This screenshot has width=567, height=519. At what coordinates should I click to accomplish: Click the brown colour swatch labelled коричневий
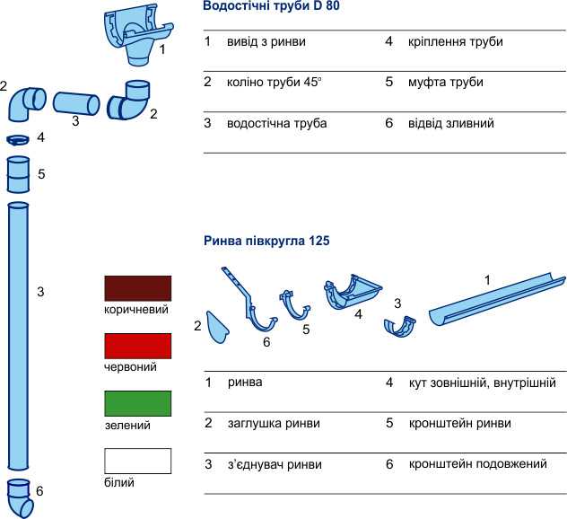[138, 288]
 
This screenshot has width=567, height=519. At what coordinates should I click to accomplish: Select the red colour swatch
[138, 346]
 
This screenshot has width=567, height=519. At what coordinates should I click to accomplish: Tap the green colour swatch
[138, 403]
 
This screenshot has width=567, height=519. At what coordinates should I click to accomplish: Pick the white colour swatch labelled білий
[138, 462]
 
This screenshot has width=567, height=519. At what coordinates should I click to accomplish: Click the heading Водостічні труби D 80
[271, 6]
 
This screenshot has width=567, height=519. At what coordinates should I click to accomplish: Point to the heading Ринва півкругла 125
[266, 241]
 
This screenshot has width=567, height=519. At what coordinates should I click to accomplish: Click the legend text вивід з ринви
[266, 41]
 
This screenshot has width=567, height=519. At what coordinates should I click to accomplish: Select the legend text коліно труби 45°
[275, 82]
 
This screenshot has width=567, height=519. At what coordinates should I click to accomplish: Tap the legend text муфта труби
[446, 82]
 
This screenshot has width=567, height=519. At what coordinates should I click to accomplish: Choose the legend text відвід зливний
[451, 123]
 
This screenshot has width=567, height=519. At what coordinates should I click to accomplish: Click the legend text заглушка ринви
[274, 423]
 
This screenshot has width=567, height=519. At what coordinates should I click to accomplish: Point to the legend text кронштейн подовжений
[477, 464]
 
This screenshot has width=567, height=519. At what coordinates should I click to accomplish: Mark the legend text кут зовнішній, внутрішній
[483, 383]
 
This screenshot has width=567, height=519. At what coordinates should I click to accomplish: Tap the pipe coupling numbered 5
[19, 174]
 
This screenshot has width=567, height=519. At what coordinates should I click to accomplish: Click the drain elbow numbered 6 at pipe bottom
[21, 498]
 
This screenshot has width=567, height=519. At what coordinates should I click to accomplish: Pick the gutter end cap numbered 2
[217, 327]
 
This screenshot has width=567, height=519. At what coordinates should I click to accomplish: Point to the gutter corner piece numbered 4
[352, 292]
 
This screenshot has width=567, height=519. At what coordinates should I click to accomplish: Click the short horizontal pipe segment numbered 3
[76, 104]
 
